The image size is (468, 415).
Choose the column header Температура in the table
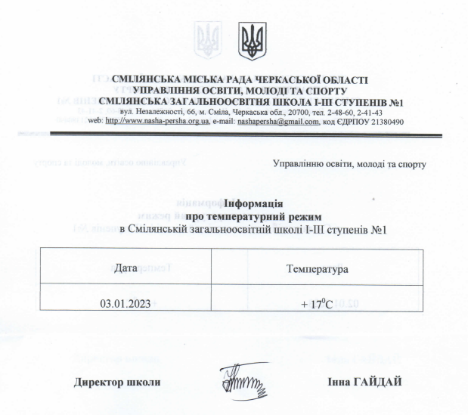click(316, 268)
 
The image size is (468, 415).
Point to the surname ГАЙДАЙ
click(375, 381)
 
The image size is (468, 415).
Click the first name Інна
click(340, 381)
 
